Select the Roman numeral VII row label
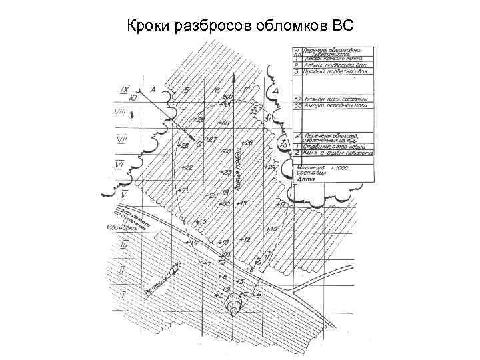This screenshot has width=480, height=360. coord(122,139)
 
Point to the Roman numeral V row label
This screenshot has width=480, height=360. coord(124,195)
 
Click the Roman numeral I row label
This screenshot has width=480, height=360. coord(122,294)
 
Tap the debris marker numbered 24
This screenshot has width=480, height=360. coord(269,166)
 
